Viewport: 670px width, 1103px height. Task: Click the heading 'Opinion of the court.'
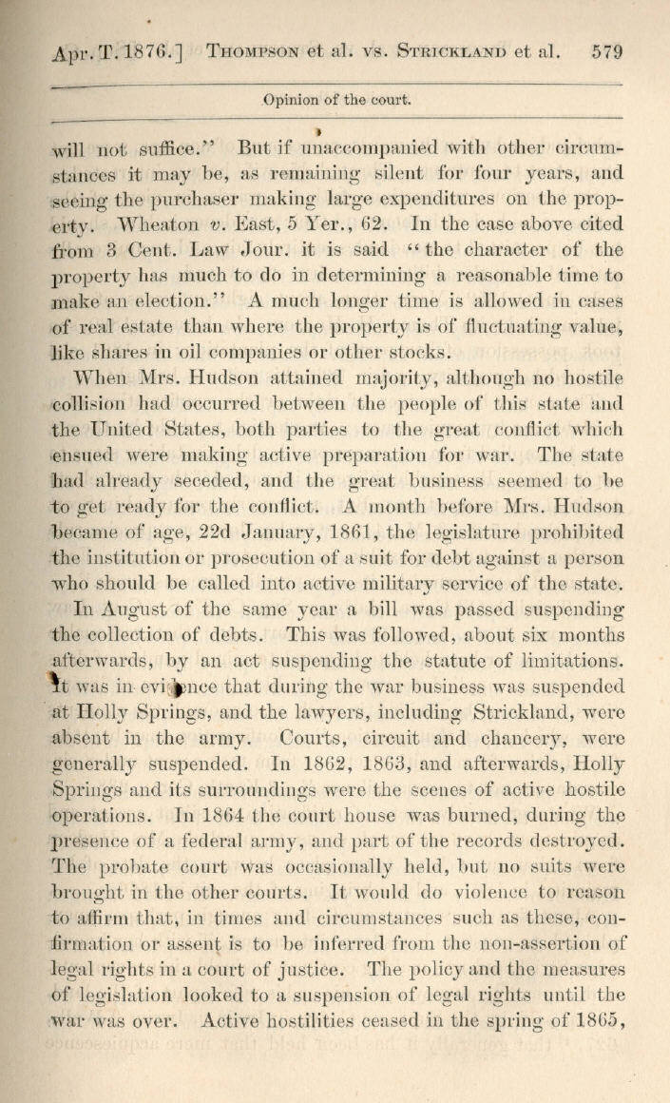tap(336, 99)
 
